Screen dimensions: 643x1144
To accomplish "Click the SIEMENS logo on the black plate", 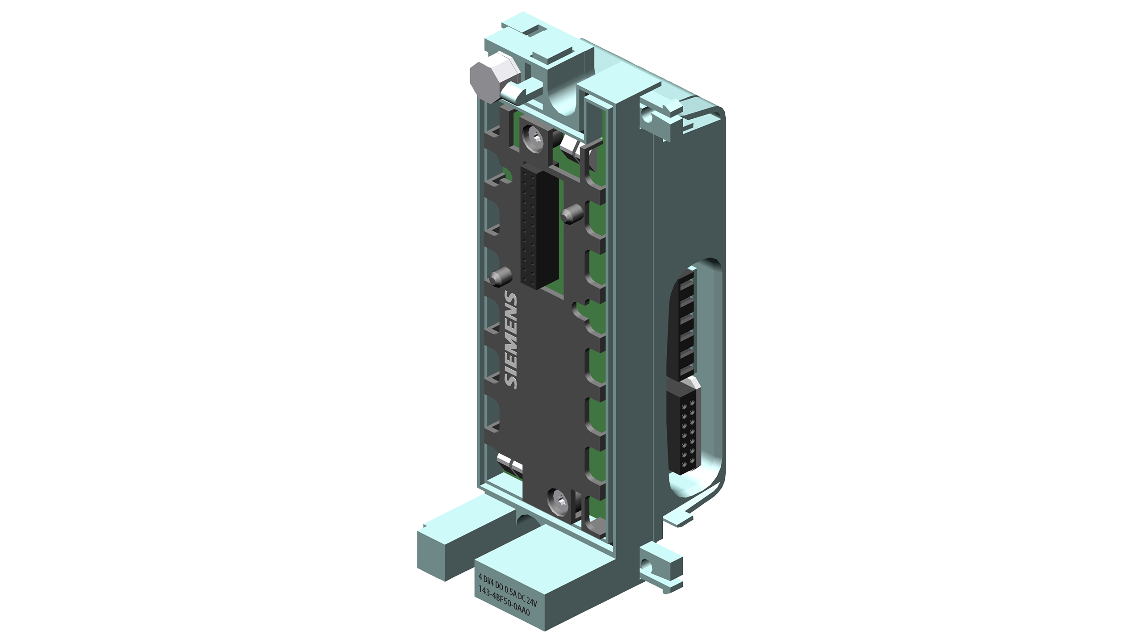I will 511,340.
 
